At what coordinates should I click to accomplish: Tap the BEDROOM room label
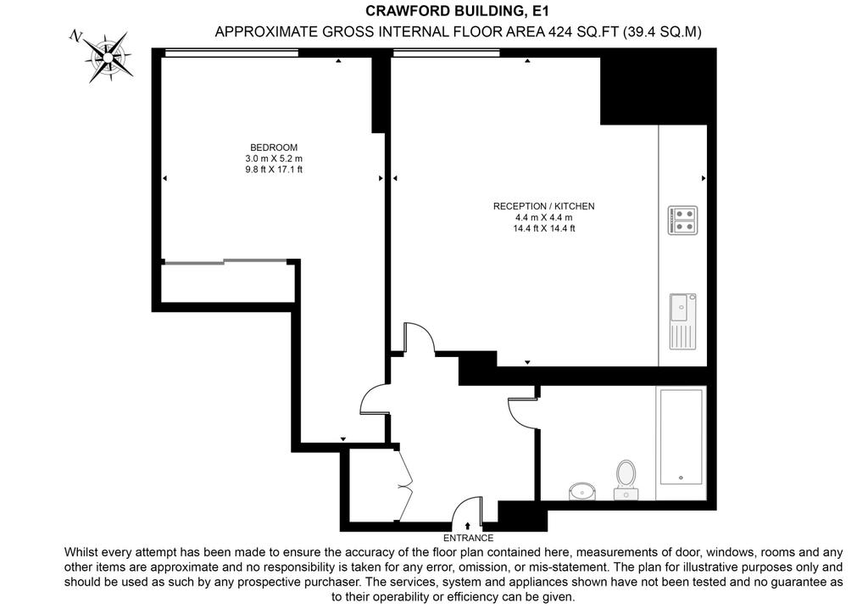point(274,148)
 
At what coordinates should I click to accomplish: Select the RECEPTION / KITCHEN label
point(543,206)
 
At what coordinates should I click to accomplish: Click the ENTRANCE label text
point(468,538)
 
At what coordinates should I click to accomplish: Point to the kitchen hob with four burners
point(682,220)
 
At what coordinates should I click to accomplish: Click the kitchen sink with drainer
point(682,321)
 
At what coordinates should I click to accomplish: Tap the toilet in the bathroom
point(626,479)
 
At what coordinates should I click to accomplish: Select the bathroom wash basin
point(581,490)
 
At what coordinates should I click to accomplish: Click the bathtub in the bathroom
point(681,443)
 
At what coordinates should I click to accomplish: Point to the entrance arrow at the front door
point(468,526)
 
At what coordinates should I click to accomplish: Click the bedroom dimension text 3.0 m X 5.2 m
point(274,159)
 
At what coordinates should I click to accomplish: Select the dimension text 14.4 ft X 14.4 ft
point(543,228)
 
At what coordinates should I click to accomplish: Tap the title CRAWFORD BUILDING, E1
point(457,10)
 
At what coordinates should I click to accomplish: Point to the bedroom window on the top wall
point(231,53)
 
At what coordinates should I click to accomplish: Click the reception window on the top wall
point(446,53)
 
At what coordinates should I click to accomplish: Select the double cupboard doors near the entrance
point(405,484)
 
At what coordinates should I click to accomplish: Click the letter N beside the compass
point(75,36)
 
